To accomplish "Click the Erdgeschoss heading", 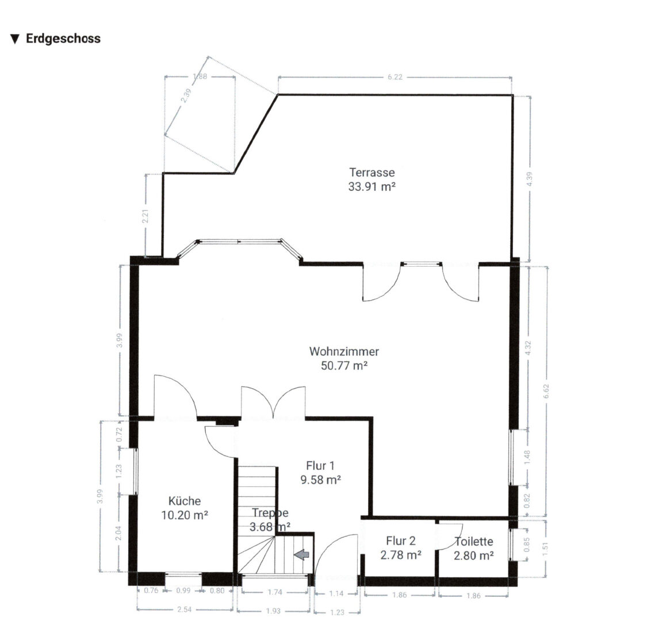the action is tap(63, 39).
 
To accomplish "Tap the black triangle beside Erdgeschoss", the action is tap(15, 40).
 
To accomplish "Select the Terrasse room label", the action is tap(372, 172).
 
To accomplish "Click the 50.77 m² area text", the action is tap(344, 366).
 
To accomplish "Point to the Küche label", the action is tap(185, 501).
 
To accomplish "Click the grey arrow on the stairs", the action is tap(302, 554).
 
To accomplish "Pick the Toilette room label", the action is tap(474, 541).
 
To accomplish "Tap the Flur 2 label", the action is tap(401, 541).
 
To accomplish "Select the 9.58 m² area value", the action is tap(321, 480).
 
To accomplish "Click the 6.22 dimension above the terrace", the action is tap(395, 77).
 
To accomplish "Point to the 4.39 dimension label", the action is tap(529, 179).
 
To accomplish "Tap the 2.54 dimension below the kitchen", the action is tap(185, 609).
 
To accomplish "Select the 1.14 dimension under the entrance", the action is tap(336, 593).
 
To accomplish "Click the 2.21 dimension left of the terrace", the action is tap(145, 216).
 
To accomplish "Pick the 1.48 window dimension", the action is tap(527, 458).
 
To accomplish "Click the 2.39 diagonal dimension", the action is tap(187, 96).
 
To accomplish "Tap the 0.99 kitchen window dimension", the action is tap(183, 591).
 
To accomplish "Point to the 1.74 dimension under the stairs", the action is tap(275, 592).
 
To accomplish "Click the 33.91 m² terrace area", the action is tap(372, 187).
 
